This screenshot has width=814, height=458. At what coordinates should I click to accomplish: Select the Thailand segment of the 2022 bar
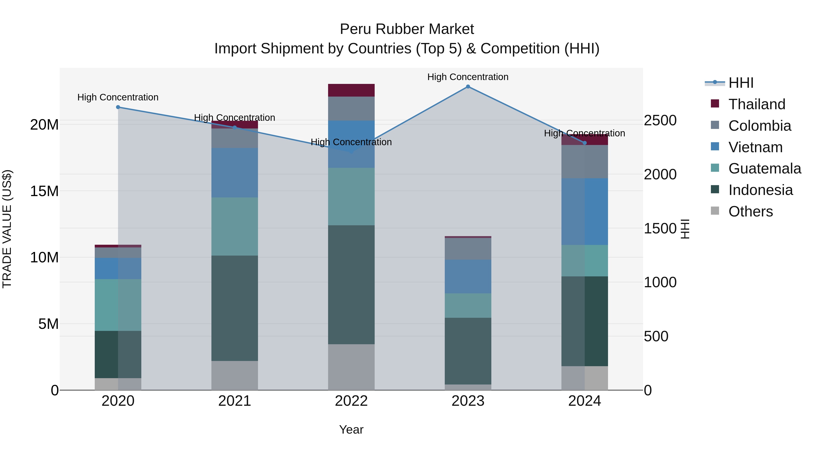click(x=351, y=90)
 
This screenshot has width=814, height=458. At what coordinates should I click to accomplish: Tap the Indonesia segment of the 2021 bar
click(x=234, y=308)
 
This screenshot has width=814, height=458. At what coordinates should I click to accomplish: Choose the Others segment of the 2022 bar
click(x=351, y=367)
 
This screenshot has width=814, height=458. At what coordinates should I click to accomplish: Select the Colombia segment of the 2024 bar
click(x=584, y=161)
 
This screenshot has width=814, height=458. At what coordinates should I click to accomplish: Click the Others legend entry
click(x=750, y=211)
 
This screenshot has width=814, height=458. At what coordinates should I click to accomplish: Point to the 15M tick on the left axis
click(x=44, y=191)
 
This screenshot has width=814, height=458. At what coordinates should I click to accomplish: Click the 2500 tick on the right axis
click(x=660, y=120)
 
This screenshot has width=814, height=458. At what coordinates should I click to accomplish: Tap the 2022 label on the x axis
click(x=351, y=401)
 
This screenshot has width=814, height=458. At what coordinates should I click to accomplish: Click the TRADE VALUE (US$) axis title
click(x=7, y=229)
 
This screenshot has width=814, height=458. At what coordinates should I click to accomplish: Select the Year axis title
click(x=351, y=430)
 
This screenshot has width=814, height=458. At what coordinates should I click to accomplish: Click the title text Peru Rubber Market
click(x=407, y=29)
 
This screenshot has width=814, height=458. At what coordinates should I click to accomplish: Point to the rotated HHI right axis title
click(x=684, y=229)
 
